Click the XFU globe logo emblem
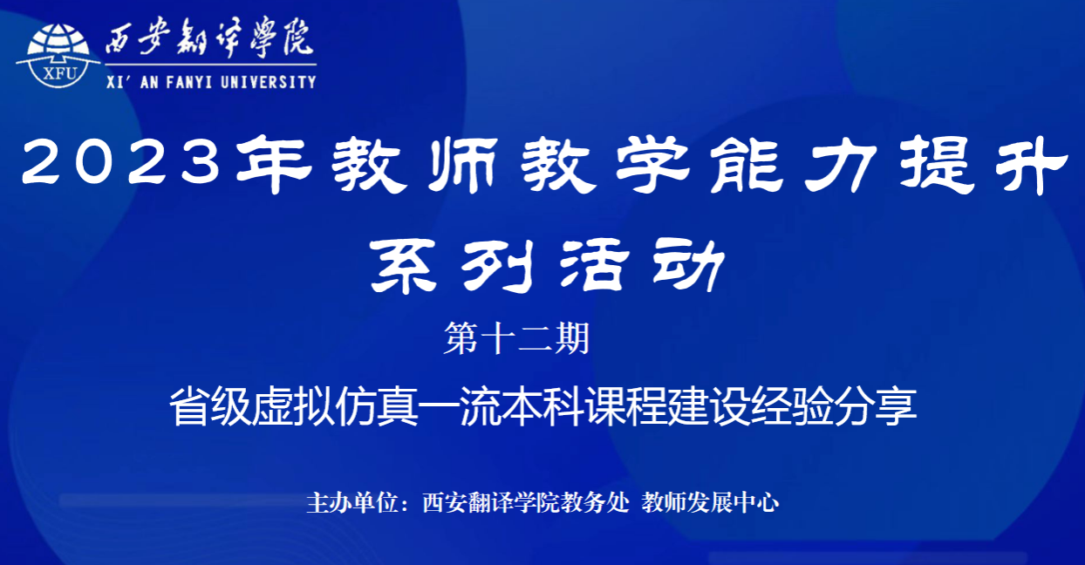tap(58, 56)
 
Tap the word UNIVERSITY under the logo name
tap(269, 82)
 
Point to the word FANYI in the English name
tap(189, 82)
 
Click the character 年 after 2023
tap(274, 165)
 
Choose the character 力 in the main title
tap(841, 165)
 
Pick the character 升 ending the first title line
tap(1031, 165)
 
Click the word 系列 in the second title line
tap(452, 266)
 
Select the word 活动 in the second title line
tap(641, 266)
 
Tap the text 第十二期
tap(516, 339)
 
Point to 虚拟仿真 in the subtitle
tap(335, 406)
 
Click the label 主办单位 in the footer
tap(352, 502)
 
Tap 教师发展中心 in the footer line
tap(710, 502)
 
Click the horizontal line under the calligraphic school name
tap(211, 65)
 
